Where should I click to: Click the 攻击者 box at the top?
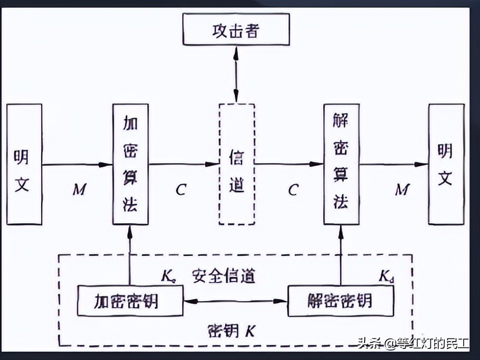[236, 30]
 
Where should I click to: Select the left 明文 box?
[24, 164]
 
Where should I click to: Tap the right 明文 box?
[446, 164]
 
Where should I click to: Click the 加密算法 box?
[130, 164]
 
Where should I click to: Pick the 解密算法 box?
[341, 164]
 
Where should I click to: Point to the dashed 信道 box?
[236, 164]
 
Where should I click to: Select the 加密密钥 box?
[129, 301]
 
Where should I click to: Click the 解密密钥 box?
[341, 301]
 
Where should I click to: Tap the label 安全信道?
[223, 276]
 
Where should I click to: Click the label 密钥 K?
[231, 331]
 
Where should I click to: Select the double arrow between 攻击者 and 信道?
[236, 74]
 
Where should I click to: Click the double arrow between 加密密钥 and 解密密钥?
[235, 302]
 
